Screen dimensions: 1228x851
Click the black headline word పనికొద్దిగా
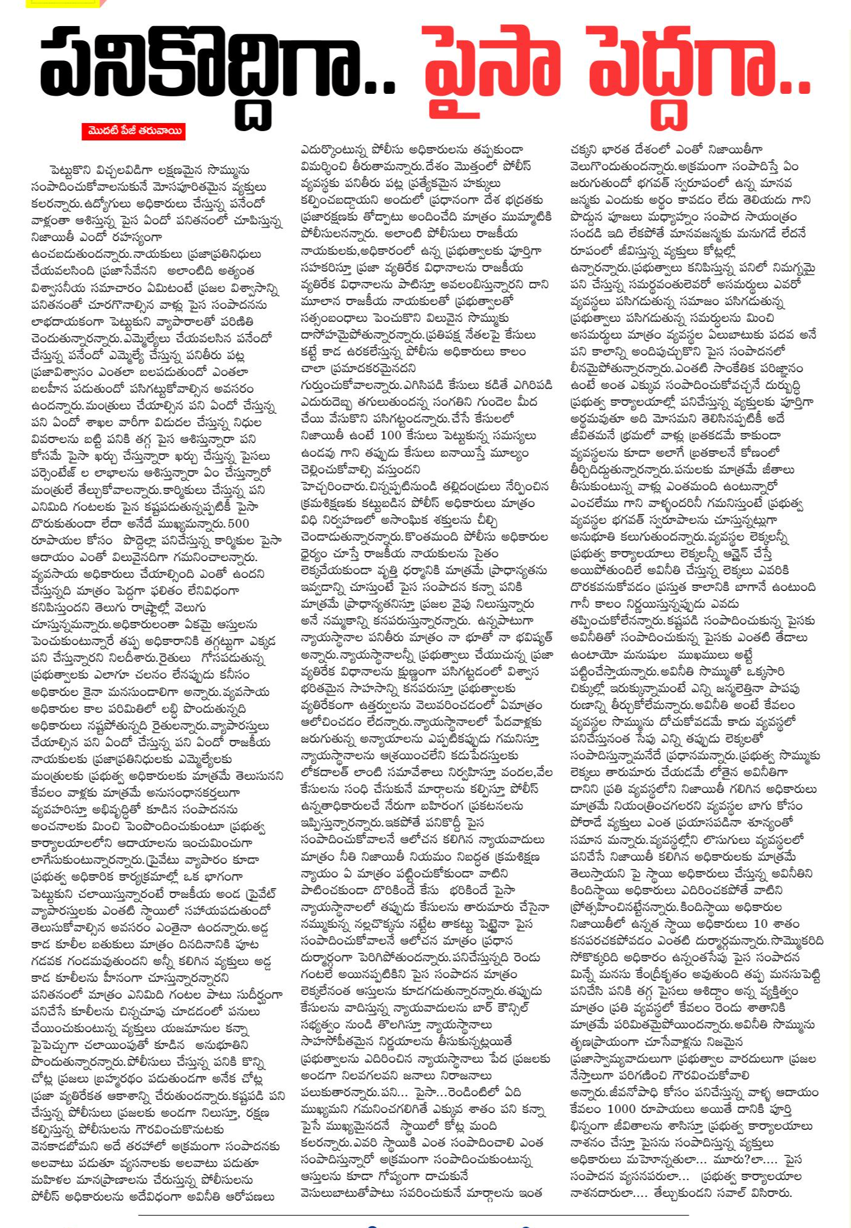218,68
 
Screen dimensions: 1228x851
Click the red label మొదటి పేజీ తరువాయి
134,131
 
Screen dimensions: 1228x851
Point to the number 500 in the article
238,523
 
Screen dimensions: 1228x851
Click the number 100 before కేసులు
391,436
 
